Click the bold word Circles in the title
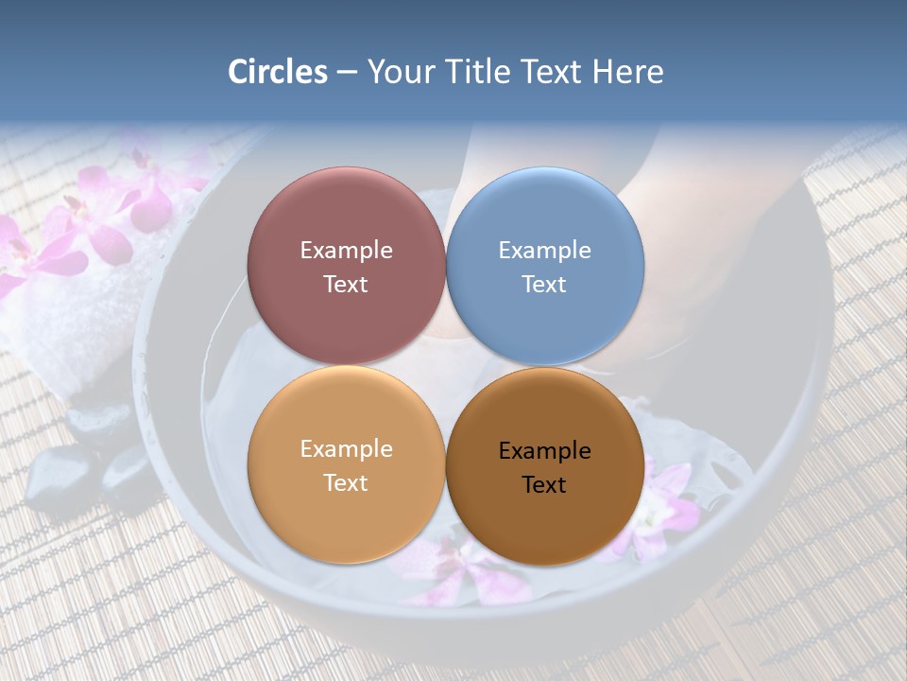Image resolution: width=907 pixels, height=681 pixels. point(278,72)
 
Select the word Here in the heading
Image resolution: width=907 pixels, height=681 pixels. point(627,72)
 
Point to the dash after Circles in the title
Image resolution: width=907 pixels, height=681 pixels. point(347,73)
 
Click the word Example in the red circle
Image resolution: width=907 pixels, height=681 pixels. point(346,251)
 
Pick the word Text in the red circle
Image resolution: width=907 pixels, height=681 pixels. point(346,285)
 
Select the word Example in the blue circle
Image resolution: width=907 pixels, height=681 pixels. point(544,251)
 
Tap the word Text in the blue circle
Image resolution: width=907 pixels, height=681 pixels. point(544,285)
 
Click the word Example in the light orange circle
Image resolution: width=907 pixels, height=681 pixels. point(346,449)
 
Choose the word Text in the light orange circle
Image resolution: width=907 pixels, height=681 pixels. point(346,483)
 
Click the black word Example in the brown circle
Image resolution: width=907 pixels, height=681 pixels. point(544,451)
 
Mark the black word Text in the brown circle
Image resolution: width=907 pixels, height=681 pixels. point(544,485)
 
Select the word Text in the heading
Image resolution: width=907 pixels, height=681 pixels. point(553,72)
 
